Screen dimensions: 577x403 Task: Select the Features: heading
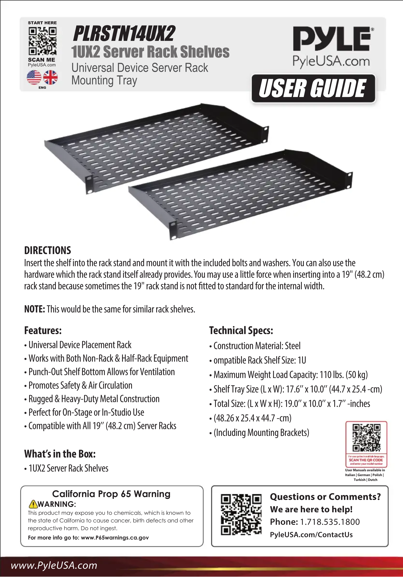43,330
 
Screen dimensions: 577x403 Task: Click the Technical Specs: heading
241,330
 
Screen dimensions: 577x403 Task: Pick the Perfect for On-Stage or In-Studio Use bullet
86,412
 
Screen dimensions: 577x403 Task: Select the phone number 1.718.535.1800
330,522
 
